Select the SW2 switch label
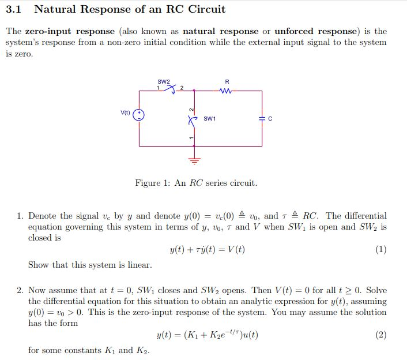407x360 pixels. [164, 81]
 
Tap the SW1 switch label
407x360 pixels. [210, 118]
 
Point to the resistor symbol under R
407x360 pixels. [227, 90]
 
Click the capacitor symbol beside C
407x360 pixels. [262, 119]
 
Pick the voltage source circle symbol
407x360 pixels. [138, 115]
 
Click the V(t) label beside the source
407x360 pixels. [125, 112]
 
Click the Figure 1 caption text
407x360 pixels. [196, 183]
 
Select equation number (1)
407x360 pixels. [380, 250]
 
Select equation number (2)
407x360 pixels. [380, 335]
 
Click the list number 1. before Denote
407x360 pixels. [20, 216]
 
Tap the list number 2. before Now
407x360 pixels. [20, 290]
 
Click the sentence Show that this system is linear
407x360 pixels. [90, 265]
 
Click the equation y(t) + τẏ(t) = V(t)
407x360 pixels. [207, 250]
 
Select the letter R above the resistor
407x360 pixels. [227, 82]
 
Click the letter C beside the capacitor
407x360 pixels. [269, 119]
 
